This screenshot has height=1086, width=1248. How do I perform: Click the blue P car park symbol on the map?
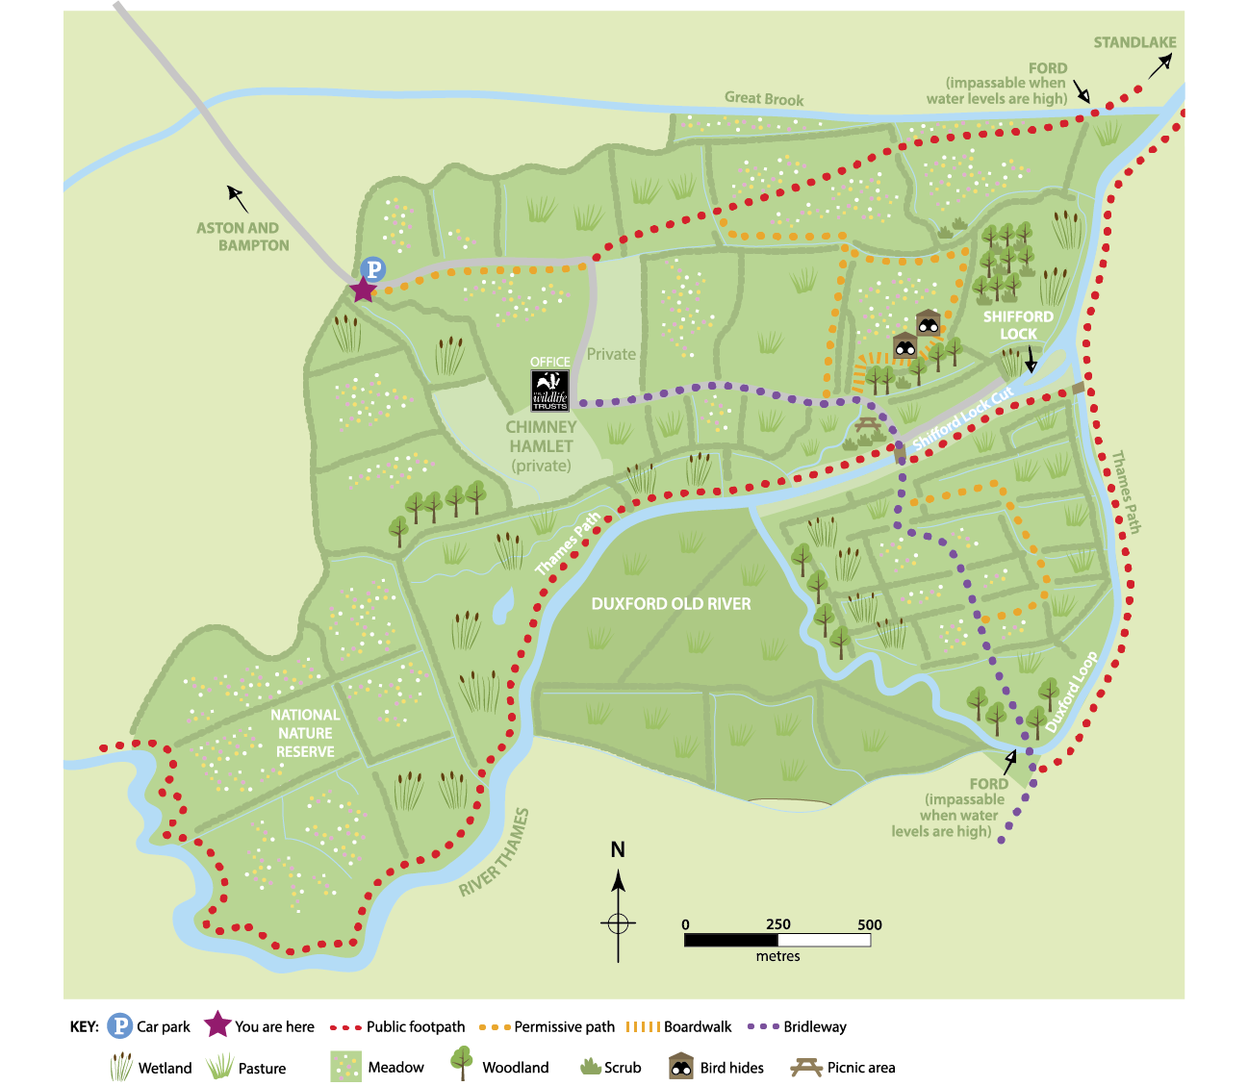tap(372, 270)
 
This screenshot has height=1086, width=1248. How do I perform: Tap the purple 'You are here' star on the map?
tap(363, 289)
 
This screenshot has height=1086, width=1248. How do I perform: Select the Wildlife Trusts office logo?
tap(550, 391)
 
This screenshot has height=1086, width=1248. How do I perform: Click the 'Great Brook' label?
tap(764, 98)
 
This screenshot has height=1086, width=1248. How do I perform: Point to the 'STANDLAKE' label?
tap(1134, 42)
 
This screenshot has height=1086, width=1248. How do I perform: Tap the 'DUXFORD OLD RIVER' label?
tap(671, 604)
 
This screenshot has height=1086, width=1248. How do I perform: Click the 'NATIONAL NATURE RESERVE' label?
tap(305, 733)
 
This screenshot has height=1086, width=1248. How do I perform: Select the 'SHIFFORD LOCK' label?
tap(1018, 325)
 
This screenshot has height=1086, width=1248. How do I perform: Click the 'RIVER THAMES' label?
tap(495, 852)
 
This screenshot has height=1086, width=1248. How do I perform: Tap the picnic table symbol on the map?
tap(868, 424)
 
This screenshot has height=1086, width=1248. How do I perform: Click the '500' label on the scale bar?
tap(869, 924)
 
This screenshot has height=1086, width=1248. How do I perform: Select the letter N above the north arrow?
tap(618, 849)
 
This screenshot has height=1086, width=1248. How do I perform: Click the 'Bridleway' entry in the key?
tap(814, 1026)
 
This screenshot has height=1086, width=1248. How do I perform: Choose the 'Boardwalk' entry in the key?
tap(698, 1026)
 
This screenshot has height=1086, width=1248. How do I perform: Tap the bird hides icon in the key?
tap(681, 1066)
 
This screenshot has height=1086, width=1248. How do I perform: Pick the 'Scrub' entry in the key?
tap(622, 1068)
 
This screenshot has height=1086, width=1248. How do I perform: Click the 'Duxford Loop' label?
tap(1072, 692)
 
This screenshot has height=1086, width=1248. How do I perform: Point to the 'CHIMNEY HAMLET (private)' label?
tap(541, 446)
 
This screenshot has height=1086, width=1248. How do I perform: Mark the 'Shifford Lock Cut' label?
tap(963, 419)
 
